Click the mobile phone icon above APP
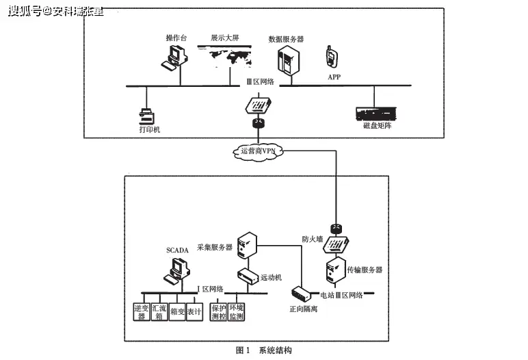point(332,57)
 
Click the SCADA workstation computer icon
point(176,271)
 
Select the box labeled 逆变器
point(142,312)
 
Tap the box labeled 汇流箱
point(159,312)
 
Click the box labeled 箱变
point(176,312)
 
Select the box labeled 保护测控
point(219,312)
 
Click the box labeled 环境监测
point(237,312)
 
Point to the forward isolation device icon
point(300,293)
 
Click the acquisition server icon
point(246,246)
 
